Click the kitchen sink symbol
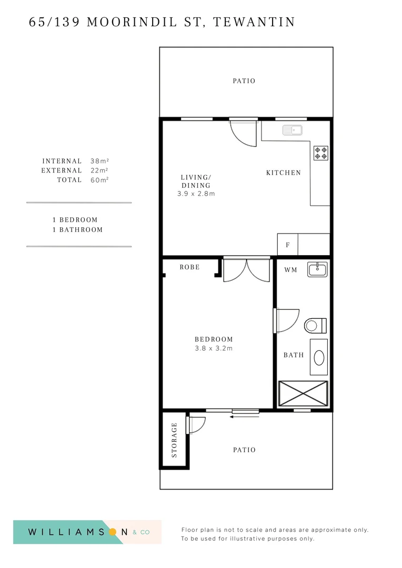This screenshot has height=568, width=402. [x=292, y=130]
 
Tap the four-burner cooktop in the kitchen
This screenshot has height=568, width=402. [x=321, y=153]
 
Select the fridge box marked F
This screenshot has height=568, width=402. [x=287, y=245]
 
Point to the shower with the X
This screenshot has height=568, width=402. [x=303, y=393]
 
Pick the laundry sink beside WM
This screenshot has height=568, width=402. [x=317, y=270]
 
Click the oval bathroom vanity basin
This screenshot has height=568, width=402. [x=319, y=358]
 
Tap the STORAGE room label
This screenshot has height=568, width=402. [x=174, y=440]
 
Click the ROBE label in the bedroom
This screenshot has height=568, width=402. [x=189, y=267]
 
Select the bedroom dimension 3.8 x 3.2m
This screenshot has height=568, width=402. [x=214, y=348]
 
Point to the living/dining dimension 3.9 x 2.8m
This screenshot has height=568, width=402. [x=196, y=194]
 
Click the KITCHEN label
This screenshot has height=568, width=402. [x=283, y=173]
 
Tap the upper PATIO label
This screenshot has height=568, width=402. [x=244, y=81]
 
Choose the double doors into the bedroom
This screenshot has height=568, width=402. [x=246, y=270]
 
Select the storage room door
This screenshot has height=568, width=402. [x=196, y=424]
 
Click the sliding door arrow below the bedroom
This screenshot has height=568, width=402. [x=245, y=417]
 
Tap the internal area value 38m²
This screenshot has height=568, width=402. [x=99, y=161]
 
